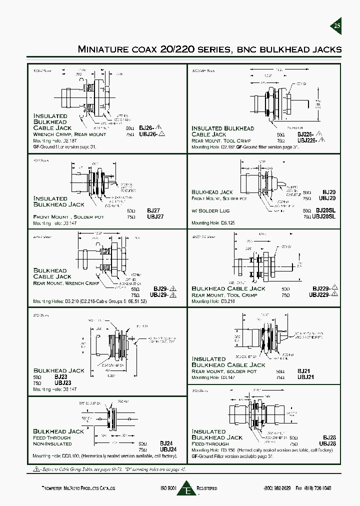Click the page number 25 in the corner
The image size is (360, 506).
tap(337, 26)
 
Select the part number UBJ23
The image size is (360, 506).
tap(62, 382)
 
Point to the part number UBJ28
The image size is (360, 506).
tap(325, 443)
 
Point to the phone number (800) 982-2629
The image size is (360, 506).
tap(277, 488)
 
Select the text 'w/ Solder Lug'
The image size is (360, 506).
tap(207, 210)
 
